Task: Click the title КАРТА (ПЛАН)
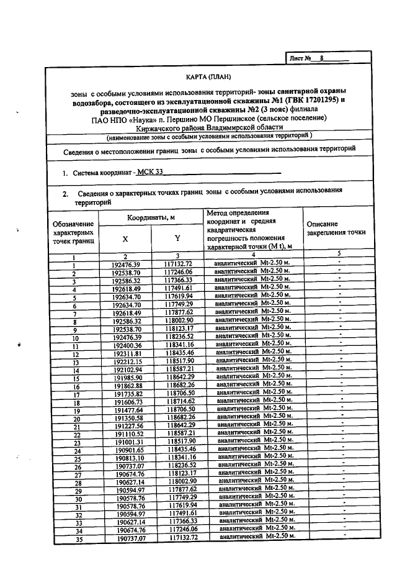(x=208, y=77)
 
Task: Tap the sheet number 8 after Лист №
(x=322, y=58)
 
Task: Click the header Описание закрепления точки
(x=336, y=228)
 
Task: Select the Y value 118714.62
(x=181, y=402)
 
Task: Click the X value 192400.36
(x=127, y=345)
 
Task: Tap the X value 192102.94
(x=127, y=369)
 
